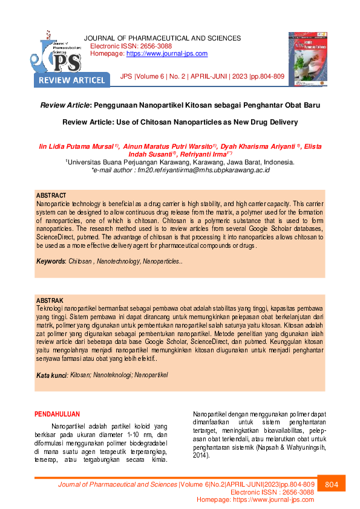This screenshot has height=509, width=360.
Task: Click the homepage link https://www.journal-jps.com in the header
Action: pyautogui.click(x=166, y=54)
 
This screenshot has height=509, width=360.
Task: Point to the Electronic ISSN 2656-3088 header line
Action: pyautogui.click(x=131, y=46)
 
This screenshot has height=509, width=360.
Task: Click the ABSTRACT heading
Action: pyautogui.click(x=51, y=196)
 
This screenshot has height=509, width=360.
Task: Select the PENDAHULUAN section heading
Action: pyautogui.click(x=57, y=414)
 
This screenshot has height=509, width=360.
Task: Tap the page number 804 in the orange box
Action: pyautogui.click(x=331, y=485)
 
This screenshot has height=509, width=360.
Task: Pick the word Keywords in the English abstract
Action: pyautogui.click(x=50, y=261)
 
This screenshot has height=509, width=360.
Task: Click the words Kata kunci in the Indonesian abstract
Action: pyautogui.click(x=51, y=375)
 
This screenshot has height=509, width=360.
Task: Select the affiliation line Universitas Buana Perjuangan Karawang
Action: pyautogui.click(x=180, y=163)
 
